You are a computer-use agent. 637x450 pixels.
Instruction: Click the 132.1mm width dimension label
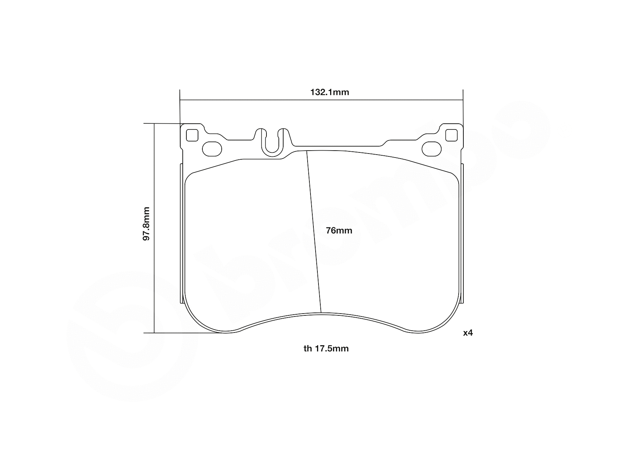(329, 92)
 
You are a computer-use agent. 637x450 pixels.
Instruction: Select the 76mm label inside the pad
(339, 231)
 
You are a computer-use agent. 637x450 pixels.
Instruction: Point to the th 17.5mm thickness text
(326, 349)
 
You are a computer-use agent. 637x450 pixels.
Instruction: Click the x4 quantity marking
(468, 333)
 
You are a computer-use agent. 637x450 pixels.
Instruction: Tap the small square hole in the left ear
(192, 135)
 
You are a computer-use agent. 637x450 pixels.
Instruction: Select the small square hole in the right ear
(451, 135)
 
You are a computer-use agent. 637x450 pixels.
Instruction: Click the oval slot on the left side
(212, 148)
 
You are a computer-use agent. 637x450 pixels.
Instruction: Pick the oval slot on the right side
(431, 148)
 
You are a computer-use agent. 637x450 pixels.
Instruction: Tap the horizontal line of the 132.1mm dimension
(255, 100)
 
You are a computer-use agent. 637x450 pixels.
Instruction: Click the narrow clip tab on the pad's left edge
(182, 233)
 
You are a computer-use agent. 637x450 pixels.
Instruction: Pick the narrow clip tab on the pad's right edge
(462, 233)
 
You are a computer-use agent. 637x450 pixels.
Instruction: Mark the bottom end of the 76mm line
(321, 312)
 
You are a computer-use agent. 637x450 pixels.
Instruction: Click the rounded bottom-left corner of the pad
(198, 320)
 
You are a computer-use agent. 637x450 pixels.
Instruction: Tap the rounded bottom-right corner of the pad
(446, 320)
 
